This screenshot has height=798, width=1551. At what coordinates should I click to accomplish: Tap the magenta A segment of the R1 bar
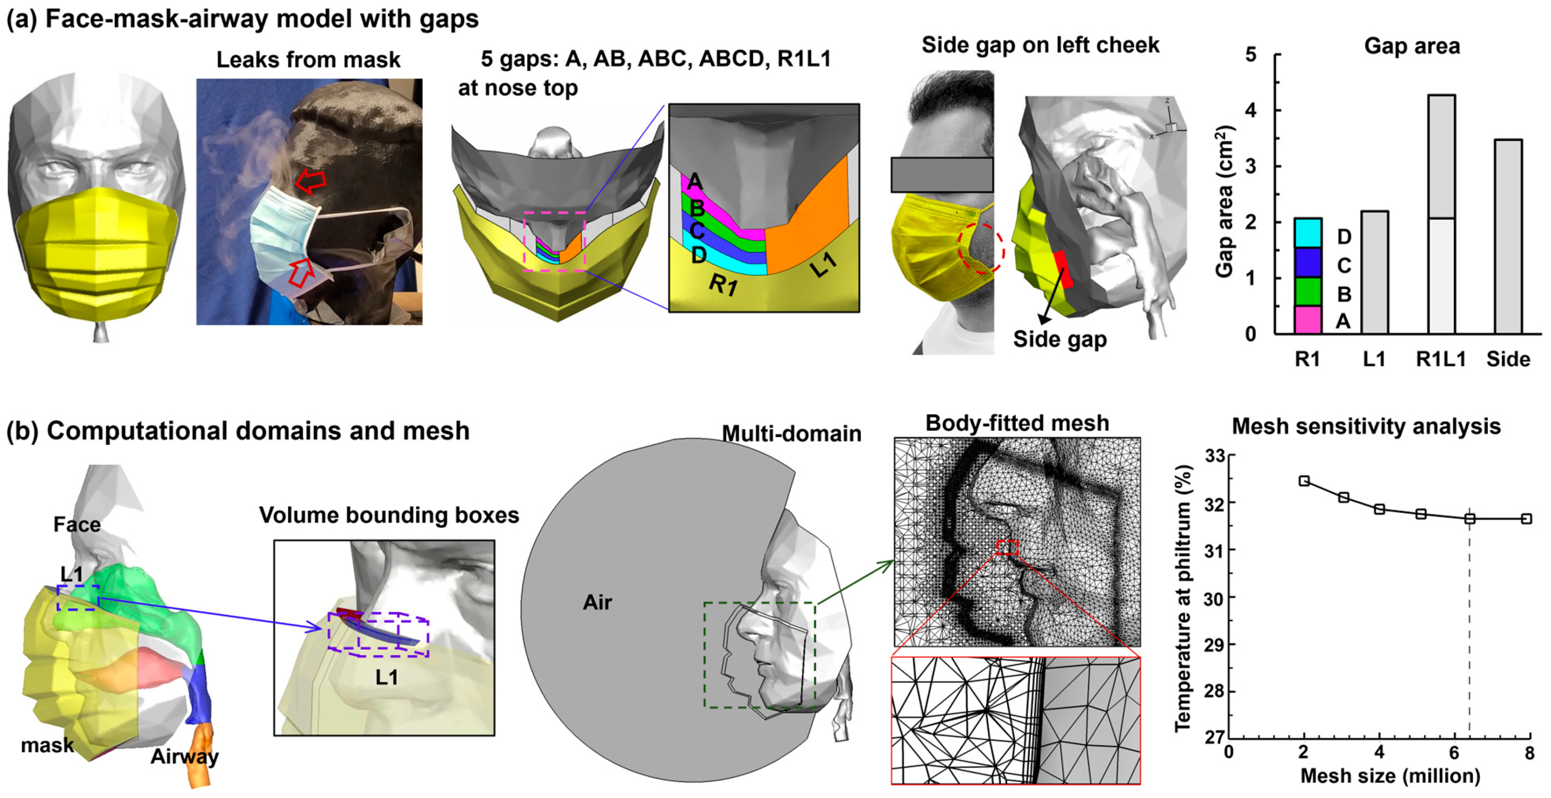[1307, 320]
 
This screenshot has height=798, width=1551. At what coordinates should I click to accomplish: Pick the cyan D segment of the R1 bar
[1307, 233]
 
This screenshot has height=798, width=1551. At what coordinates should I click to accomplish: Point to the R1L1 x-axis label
[1441, 359]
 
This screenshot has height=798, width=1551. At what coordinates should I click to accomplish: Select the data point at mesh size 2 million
[1304, 481]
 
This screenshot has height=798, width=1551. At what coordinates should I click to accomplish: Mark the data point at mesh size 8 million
[1526, 519]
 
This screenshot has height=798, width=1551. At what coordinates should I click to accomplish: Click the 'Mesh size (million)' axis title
[1390, 776]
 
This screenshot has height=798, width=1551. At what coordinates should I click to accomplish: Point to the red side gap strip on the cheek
[1063, 269]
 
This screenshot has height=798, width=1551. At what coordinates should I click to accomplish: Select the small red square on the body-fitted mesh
[1007, 547]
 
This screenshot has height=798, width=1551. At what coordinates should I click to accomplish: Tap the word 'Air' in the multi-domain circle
[597, 602]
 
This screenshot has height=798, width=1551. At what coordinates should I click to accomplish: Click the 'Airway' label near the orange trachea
[184, 757]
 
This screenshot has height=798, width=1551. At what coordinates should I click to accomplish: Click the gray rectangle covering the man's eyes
[941, 175]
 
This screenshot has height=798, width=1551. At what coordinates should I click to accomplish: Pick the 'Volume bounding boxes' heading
[389, 516]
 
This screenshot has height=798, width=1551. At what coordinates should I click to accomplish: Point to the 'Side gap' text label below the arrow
[1060, 339]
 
